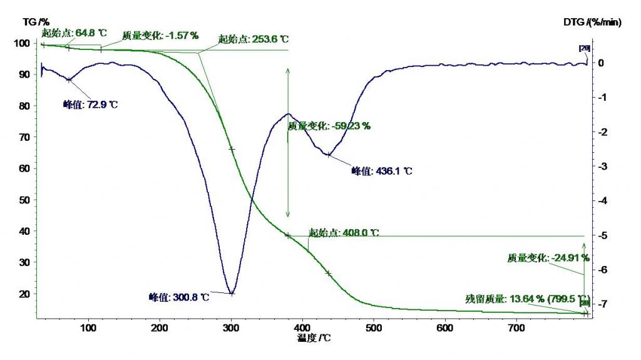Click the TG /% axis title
click(x=36, y=22)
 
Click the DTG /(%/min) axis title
click(x=592, y=22)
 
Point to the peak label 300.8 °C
click(x=178, y=297)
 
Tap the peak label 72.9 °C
click(x=91, y=105)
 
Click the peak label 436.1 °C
click(x=382, y=170)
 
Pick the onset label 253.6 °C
click(x=249, y=39)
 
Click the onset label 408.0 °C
click(x=344, y=232)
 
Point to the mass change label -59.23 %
click(x=329, y=126)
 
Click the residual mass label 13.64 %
click(x=527, y=299)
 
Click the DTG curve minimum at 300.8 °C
click(x=232, y=293)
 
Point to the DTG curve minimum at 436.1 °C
click(x=329, y=155)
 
